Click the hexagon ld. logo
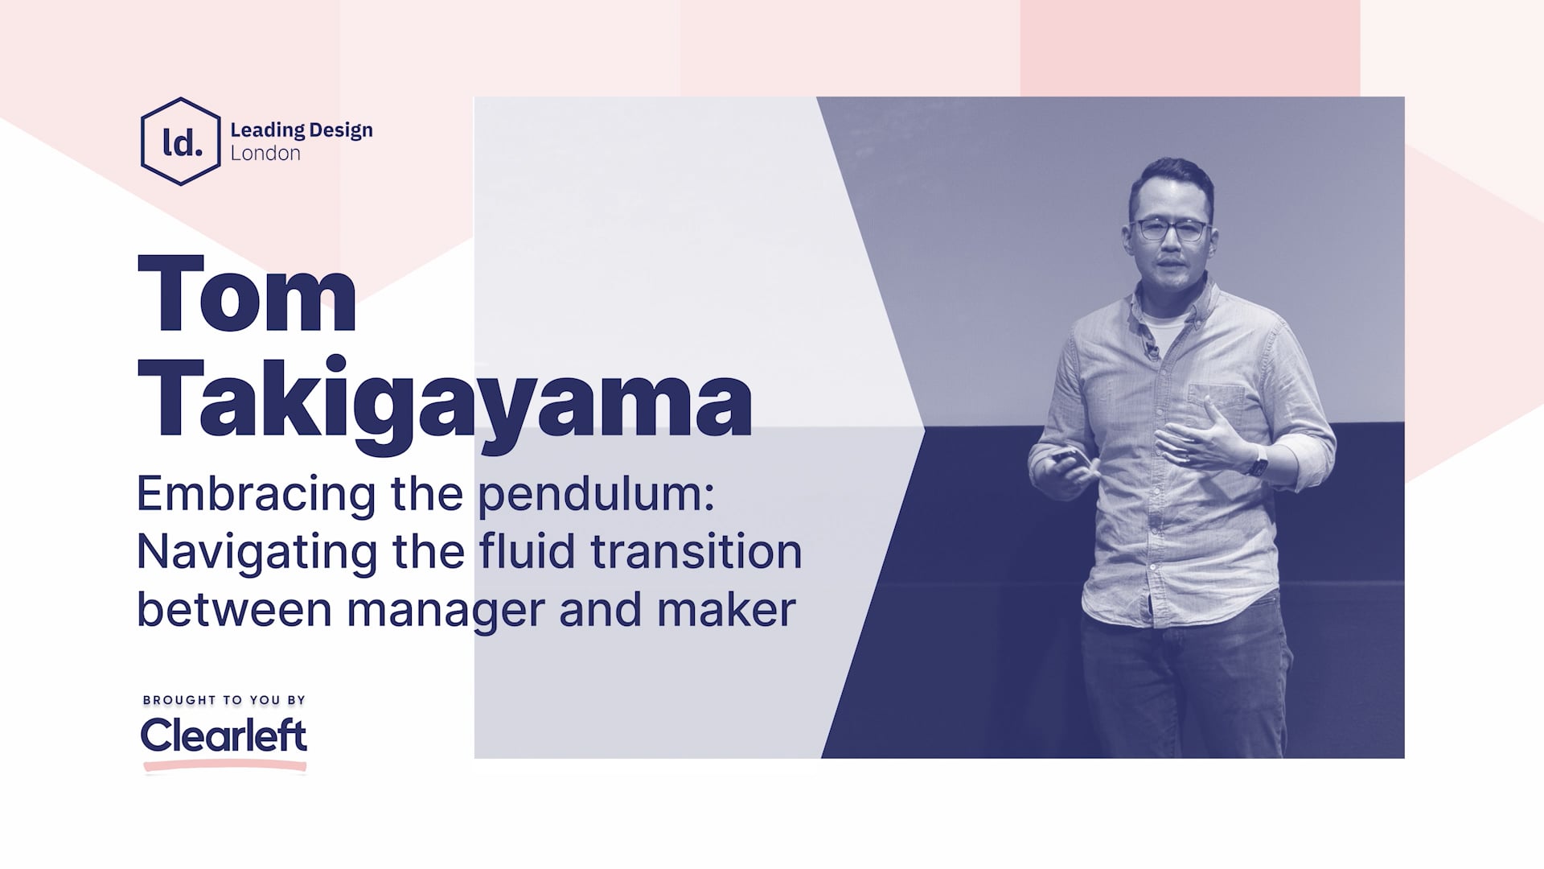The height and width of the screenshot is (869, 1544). point(180,142)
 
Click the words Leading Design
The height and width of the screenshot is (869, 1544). point(301,130)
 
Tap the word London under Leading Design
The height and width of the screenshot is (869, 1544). point(265,154)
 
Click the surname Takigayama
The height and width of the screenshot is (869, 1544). point(445,397)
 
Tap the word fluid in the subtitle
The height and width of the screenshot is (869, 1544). point(526,551)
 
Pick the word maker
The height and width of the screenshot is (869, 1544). point(726,609)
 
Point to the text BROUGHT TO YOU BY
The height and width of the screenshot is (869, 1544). point(224,700)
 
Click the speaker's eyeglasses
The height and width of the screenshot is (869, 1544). point(1170,230)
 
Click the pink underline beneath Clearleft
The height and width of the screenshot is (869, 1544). point(225,766)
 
